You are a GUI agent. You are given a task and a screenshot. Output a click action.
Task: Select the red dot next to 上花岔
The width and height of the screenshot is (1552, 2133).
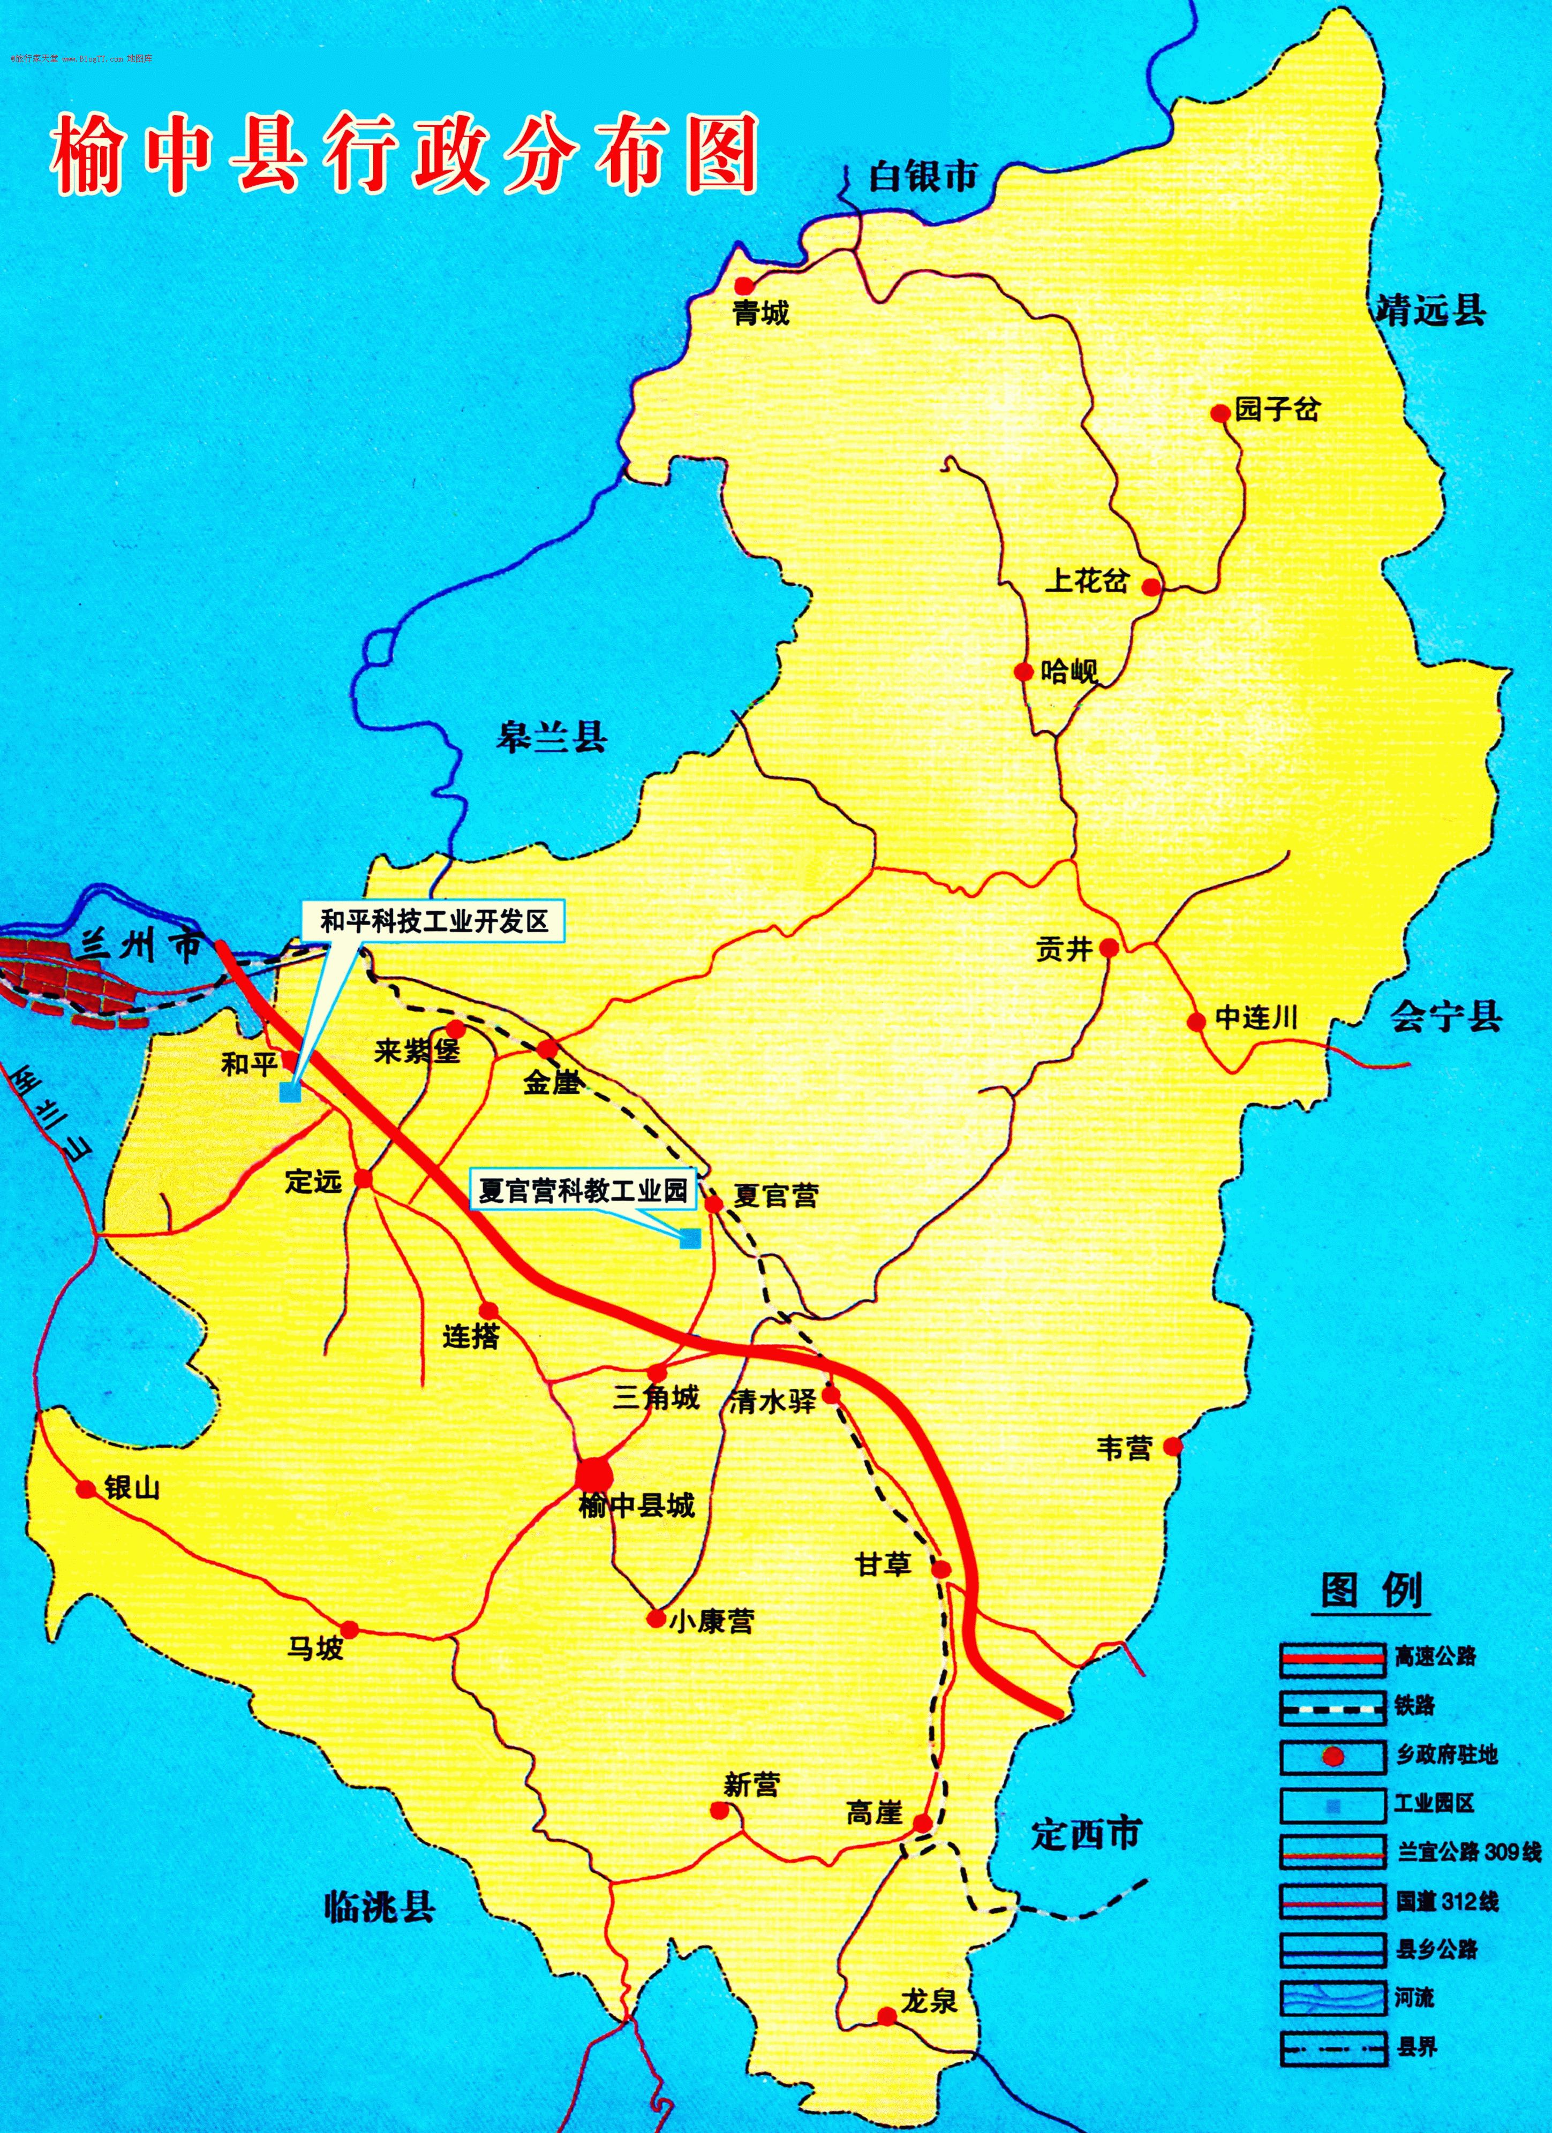(x=1151, y=587)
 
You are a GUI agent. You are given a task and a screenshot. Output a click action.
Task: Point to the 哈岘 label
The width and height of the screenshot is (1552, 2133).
(x=1069, y=671)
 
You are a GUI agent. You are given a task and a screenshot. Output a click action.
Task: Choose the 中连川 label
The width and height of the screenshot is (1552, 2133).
(x=1257, y=1018)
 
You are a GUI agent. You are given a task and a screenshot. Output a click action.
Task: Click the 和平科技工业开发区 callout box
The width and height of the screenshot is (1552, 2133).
(x=434, y=921)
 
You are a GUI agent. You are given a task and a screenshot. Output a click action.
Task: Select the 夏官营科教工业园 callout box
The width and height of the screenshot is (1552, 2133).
(x=583, y=1191)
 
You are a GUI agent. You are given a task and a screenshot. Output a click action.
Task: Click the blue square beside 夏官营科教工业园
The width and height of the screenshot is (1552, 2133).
(x=690, y=1238)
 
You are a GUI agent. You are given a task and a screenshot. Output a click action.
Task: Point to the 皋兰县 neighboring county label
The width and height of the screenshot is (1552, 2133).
(x=552, y=736)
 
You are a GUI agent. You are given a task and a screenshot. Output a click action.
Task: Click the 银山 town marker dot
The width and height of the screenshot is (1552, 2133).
(x=87, y=1489)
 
